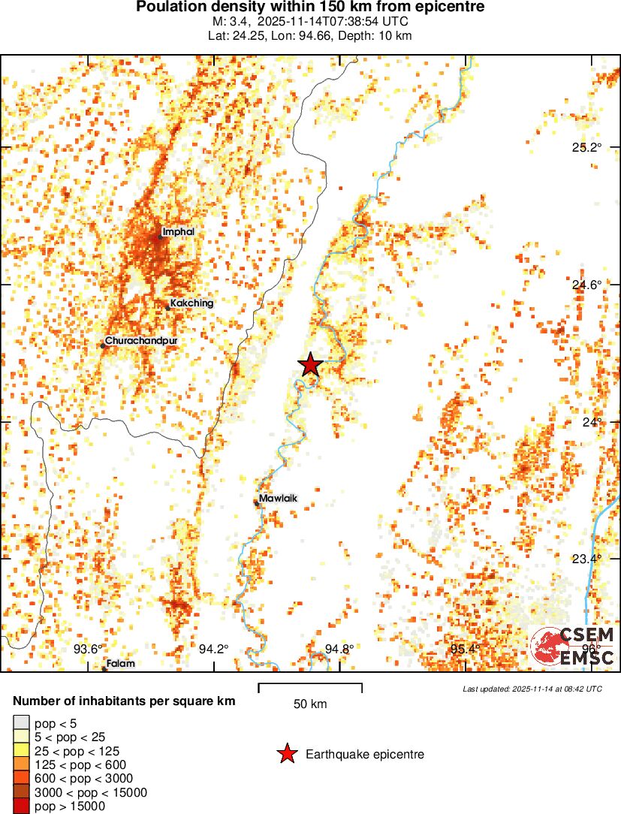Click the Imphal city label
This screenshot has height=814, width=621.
click(178, 232)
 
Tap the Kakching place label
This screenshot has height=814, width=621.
click(191, 303)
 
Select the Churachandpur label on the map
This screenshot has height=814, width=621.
click(141, 341)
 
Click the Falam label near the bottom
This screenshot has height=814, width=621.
click(120, 664)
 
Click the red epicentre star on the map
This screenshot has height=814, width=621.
click(310, 365)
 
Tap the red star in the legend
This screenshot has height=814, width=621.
click(287, 754)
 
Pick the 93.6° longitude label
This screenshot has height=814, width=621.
click(88, 650)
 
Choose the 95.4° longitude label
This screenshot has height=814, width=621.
click(465, 650)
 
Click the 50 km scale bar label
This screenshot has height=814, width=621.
click(309, 704)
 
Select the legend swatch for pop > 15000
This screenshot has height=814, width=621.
click(21, 806)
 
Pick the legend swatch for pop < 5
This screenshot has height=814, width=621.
click(21, 723)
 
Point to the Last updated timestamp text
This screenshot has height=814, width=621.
click(532, 689)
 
